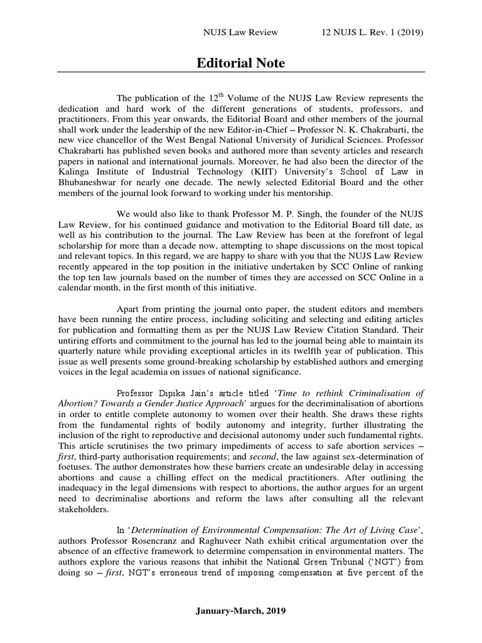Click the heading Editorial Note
[x=241, y=63]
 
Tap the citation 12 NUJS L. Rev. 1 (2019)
[x=373, y=33]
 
